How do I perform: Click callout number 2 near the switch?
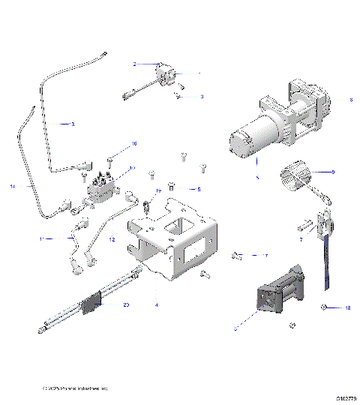(x=134, y=65)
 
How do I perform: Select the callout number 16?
(x=135, y=143)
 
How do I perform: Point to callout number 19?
(x=159, y=191)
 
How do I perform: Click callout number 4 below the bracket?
(x=156, y=304)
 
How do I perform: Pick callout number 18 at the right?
(x=347, y=308)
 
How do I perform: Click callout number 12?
(x=112, y=239)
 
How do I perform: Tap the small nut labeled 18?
(x=327, y=308)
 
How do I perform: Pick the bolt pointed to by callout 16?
(x=109, y=159)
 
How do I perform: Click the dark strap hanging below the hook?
(x=326, y=262)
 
